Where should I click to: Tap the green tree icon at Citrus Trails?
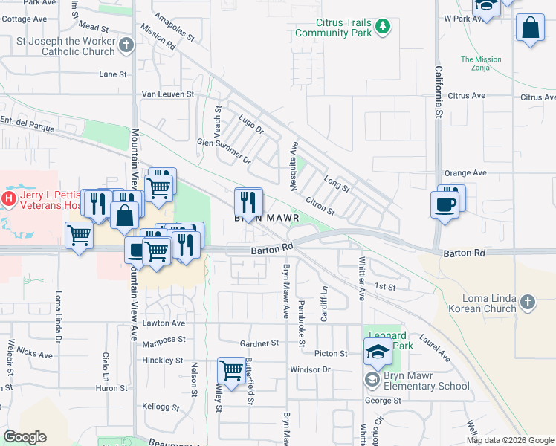point(383,28)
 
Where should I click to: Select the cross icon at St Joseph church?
point(126,45)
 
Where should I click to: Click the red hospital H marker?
point(9,198)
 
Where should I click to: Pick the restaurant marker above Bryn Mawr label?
point(248,201)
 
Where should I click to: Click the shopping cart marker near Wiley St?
point(231,369)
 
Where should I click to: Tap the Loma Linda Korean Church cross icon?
point(528,302)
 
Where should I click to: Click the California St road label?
point(439,91)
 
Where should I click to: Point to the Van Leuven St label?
point(168,94)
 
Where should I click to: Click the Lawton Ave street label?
point(164,323)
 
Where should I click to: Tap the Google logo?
point(25,437)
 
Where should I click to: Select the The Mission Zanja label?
point(480,64)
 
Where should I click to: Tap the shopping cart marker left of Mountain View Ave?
point(79,236)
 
